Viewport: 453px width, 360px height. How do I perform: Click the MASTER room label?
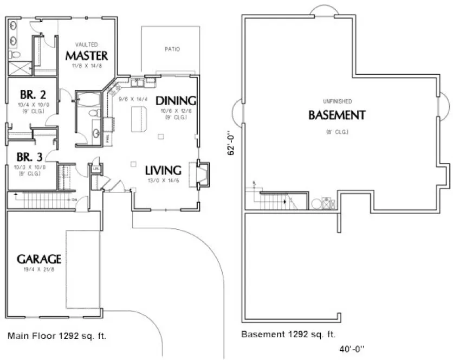[x=87, y=55]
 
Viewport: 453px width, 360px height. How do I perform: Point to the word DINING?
[x=175, y=100]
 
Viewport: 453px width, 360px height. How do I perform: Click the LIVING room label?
[x=163, y=170]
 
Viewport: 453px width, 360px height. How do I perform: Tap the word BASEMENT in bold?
[x=336, y=115]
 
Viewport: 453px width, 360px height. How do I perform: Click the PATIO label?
[x=172, y=49]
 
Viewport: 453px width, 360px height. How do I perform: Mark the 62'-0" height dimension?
[x=231, y=143]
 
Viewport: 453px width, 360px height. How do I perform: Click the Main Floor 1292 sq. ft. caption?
[x=57, y=336]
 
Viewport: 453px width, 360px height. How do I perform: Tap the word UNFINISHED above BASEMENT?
[x=338, y=101]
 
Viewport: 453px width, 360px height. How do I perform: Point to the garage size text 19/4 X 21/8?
[x=38, y=269]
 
